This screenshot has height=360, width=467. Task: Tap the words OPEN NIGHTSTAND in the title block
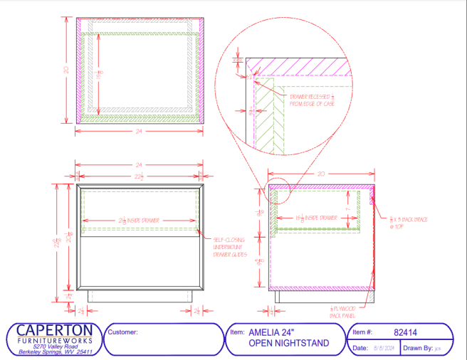(288, 343)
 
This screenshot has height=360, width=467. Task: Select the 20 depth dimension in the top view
(65, 70)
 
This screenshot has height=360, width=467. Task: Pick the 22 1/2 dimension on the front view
(140, 177)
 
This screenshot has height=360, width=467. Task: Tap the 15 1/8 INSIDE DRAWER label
(315, 217)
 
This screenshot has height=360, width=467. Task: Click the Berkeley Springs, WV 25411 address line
(54, 352)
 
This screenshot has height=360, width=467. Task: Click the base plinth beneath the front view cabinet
(140, 296)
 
